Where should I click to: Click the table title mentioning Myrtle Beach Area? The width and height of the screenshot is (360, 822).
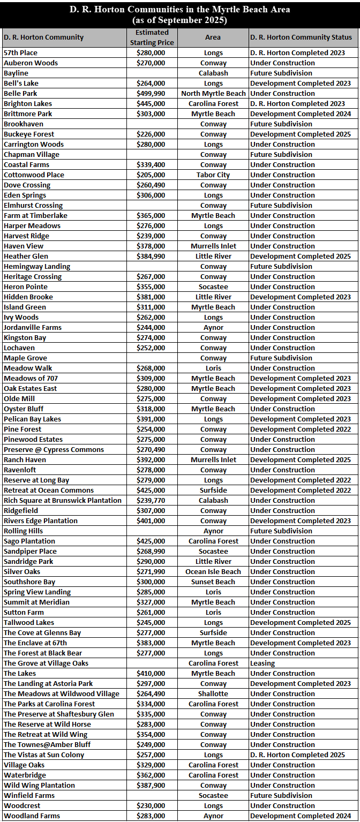[179, 14]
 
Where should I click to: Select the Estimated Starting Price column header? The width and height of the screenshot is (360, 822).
[152, 37]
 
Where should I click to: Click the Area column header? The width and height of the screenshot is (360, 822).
[213, 37]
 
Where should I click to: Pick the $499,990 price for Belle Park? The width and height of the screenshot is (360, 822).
[151, 94]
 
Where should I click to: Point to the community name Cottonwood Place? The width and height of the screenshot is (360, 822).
[34, 175]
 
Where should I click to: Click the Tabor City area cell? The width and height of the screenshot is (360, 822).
[213, 175]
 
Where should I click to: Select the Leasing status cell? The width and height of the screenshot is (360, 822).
[262, 663]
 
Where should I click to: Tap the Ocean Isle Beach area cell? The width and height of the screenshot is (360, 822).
[213, 572]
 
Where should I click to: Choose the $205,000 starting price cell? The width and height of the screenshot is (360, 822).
[151, 175]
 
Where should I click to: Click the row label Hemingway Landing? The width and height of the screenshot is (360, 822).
[37, 267]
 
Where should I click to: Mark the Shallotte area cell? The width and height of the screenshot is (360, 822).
[213, 694]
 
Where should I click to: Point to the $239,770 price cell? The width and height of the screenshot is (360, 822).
[151, 501]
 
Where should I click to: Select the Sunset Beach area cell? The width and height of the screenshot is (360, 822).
[213, 582]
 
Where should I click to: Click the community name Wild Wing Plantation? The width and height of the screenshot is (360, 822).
[39, 786]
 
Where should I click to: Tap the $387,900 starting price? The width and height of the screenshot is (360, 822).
[151, 786]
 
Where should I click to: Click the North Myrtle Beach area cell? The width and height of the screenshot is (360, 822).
[213, 94]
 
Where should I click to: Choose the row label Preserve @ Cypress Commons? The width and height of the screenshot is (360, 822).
[54, 450]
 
